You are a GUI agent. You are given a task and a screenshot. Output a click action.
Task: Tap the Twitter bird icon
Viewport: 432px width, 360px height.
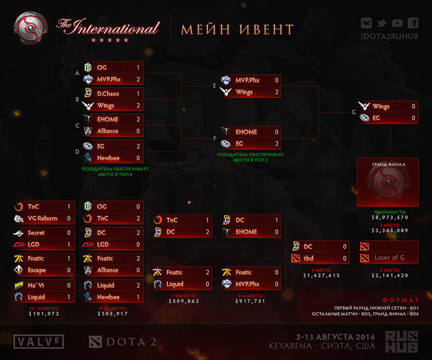[x=382, y=23]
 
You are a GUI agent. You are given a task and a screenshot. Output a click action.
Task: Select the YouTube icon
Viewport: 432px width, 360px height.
[x=397, y=23]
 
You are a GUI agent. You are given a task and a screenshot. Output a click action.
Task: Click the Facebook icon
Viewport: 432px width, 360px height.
[x=412, y=23]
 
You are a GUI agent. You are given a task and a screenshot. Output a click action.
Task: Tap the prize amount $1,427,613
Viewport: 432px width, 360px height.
[x=321, y=276]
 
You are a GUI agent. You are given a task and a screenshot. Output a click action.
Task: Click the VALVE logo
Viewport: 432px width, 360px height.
[x=40, y=342]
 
